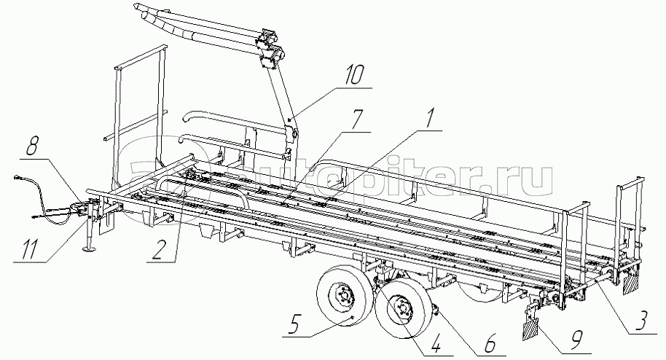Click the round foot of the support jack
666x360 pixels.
pyautogui.click(x=93, y=251)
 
